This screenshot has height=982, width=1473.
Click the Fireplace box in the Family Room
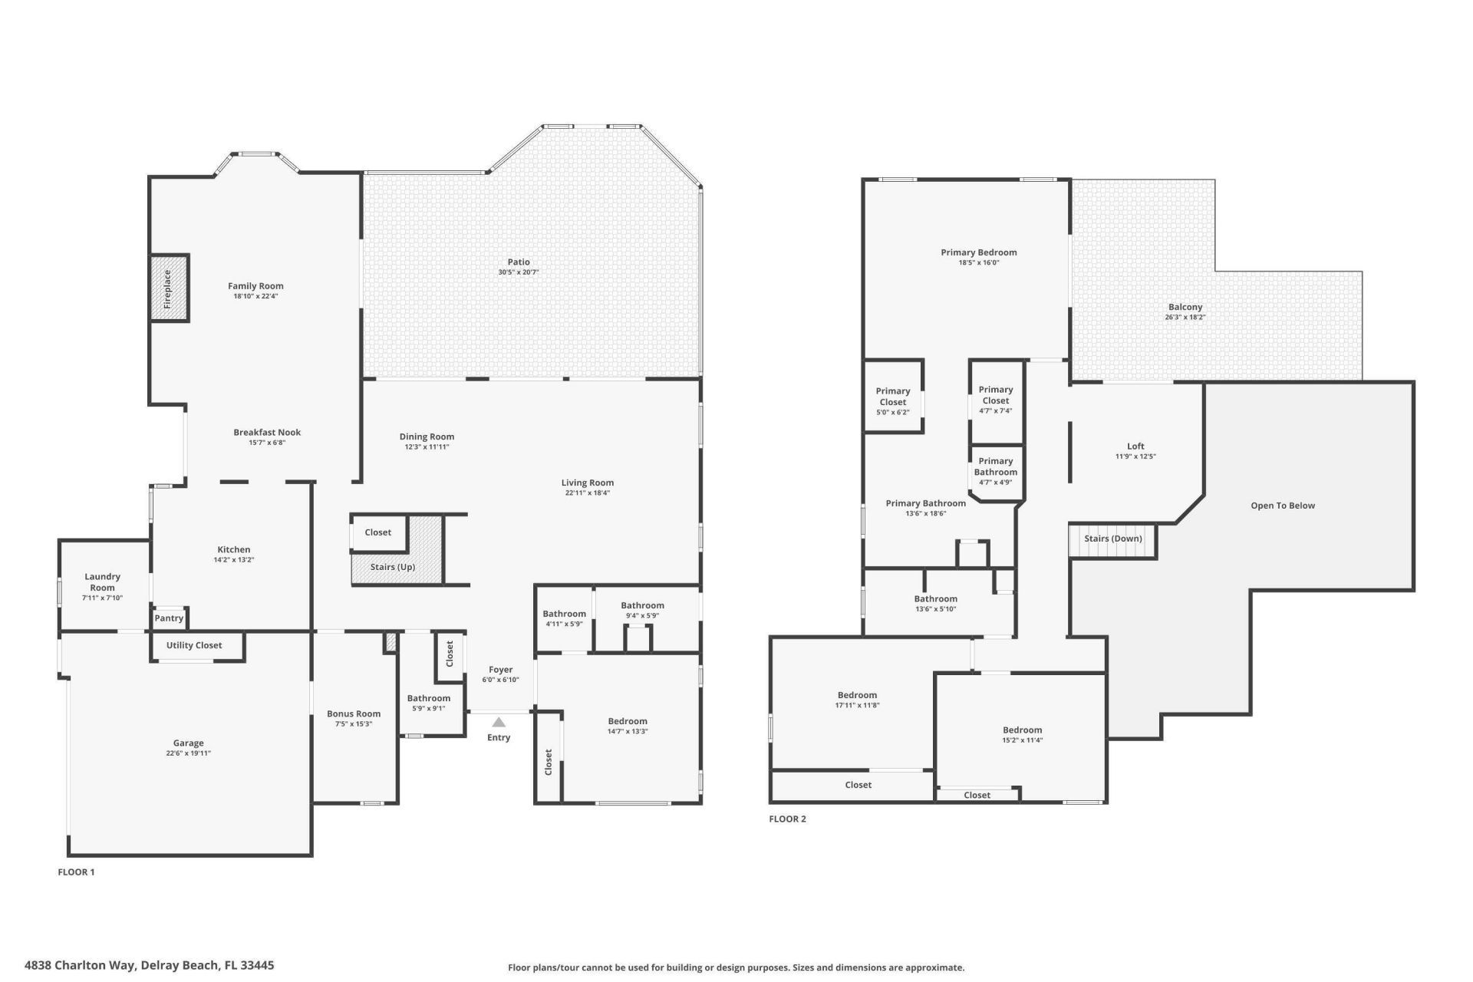pyautogui.click(x=169, y=288)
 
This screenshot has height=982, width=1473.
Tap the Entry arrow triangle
pyautogui.click(x=499, y=722)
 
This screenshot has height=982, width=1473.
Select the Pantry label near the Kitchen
pyautogui.click(x=169, y=618)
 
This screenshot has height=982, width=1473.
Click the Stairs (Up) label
pyautogui.click(x=393, y=567)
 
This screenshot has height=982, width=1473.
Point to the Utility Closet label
pyautogui.click(x=194, y=645)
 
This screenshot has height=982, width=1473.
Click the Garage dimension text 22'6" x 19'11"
pyautogui.click(x=188, y=753)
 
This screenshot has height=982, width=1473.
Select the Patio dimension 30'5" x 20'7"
pyautogui.click(x=519, y=272)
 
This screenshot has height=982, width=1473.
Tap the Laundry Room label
pyautogui.click(x=102, y=582)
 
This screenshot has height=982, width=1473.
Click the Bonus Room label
pyautogui.click(x=354, y=713)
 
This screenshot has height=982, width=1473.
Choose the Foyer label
pyautogui.click(x=501, y=670)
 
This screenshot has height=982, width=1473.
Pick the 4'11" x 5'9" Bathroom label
pyautogui.click(x=564, y=614)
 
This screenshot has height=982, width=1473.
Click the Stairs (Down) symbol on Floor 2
pyautogui.click(x=1112, y=539)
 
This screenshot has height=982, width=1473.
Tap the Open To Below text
pyautogui.click(x=1283, y=506)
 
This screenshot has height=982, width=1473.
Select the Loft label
pyautogui.click(x=1135, y=446)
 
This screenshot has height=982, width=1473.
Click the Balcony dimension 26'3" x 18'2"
pyautogui.click(x=1185, y=317)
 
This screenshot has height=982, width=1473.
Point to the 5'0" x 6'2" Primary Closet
pyautogui.click(x=893, y=397)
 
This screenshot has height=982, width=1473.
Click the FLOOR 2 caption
pyautogui.click(x=787, y=819)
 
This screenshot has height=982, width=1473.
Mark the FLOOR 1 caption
pyautogui.click(x=76, y=872)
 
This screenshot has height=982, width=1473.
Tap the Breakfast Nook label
pyautogui.click(x=267, y=433)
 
